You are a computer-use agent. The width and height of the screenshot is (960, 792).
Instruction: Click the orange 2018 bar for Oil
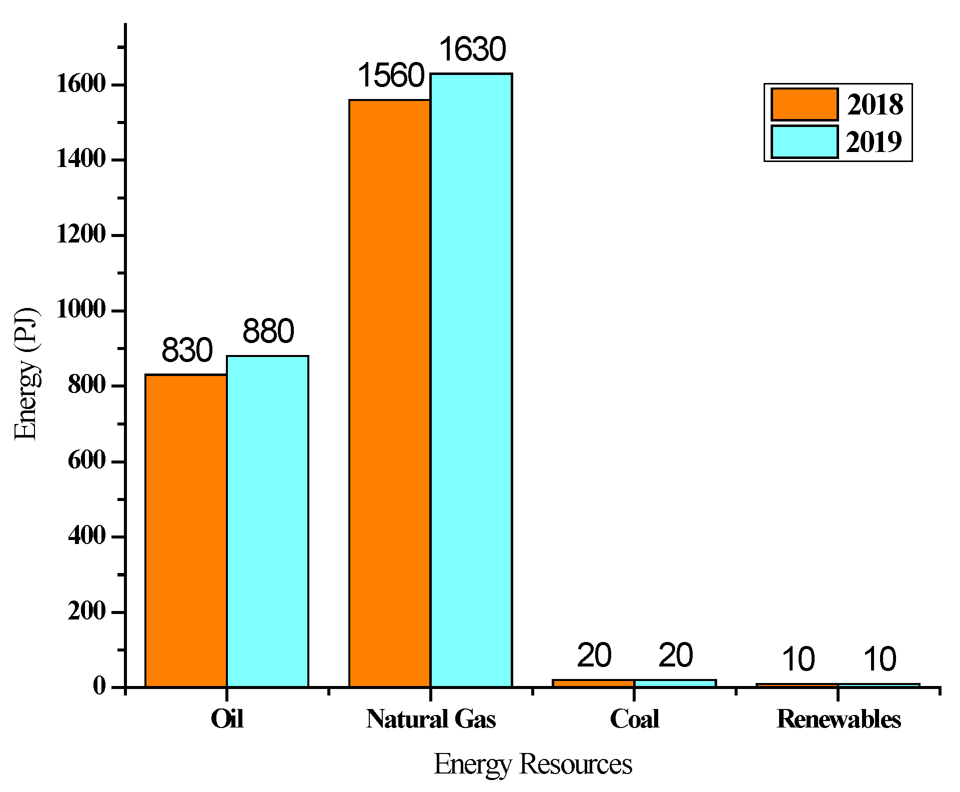tap(186, 530)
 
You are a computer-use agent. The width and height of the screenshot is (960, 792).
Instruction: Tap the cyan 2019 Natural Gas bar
tap(471, 380)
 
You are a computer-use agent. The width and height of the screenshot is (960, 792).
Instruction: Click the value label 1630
tap(472, 49)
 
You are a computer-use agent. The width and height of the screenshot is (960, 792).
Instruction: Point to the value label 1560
tap(391, 76)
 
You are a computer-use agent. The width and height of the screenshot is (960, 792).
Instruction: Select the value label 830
tap(187, 350)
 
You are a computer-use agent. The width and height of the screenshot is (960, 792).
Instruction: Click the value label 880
tap(268, 331)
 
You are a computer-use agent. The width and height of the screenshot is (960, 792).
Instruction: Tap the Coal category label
tap(634, 719)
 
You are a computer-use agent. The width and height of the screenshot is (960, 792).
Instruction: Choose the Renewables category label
tap(839, 719)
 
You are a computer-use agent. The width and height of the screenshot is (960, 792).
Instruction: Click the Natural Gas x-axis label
tap(431, 719)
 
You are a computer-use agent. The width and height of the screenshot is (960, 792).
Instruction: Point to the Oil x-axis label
tap(227, 719)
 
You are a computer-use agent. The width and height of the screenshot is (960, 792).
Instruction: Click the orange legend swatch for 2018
tap(804, 104)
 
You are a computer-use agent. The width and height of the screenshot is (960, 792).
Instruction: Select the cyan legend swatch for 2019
tap(804, 142)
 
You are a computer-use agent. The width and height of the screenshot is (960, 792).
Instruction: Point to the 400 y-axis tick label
tap(86, 536)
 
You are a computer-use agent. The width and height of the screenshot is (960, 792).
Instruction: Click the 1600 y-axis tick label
tap(81, 84)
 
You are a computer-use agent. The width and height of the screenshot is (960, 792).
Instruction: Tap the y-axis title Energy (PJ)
tap(26, 373)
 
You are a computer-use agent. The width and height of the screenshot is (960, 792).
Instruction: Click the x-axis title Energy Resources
tap(533, 764)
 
